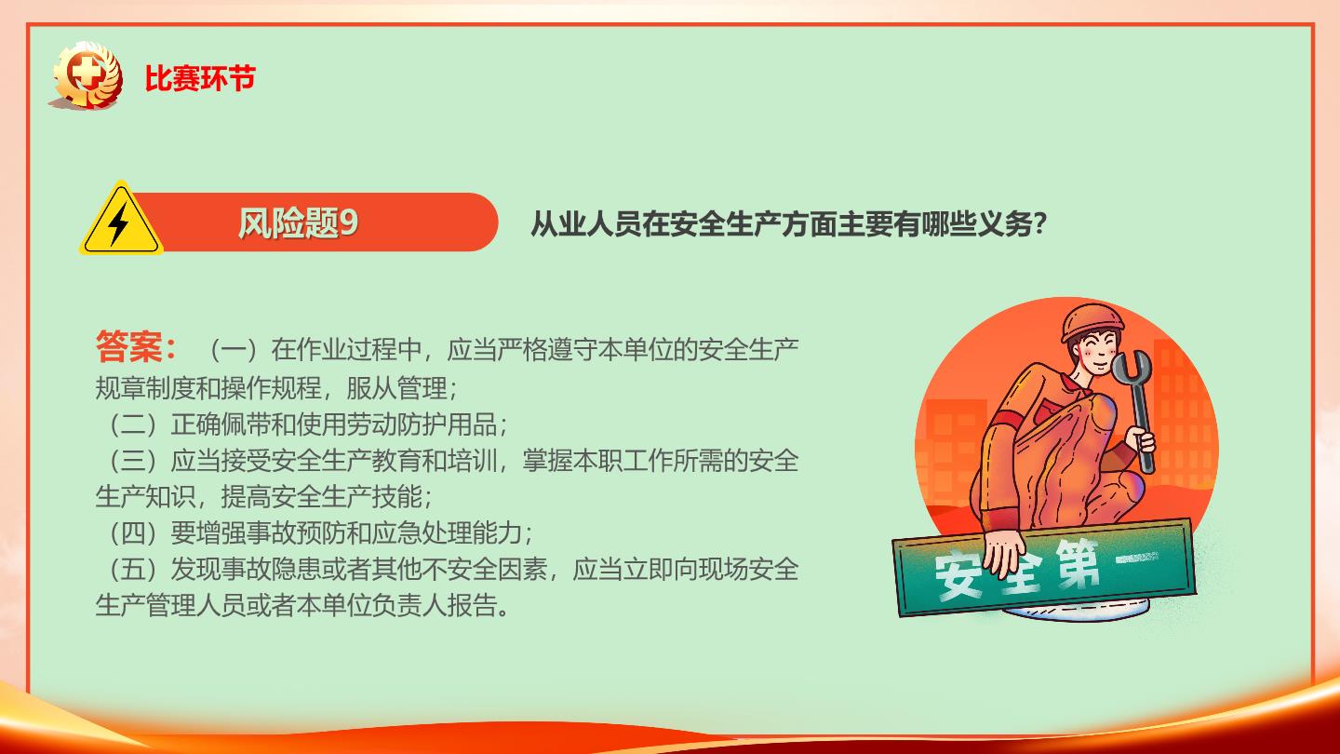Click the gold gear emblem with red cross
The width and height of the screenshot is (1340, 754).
[x=87, y=75]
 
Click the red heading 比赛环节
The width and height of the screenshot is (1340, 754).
[x=200, y=78]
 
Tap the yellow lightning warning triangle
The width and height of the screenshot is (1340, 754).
[x=121, y=219]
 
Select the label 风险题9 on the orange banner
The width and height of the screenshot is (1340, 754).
[x=298, y=223]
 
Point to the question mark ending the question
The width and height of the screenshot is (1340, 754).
[x=1039, y=223]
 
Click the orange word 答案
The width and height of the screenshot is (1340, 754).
[x=128, y=346]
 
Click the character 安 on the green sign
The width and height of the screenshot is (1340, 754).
[x=958, y=575]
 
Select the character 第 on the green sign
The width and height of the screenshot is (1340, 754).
[x=1077, y=563]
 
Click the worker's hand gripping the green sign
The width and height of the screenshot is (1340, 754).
[x=1006, y=554]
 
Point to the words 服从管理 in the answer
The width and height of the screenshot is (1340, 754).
[x=396, y=388]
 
